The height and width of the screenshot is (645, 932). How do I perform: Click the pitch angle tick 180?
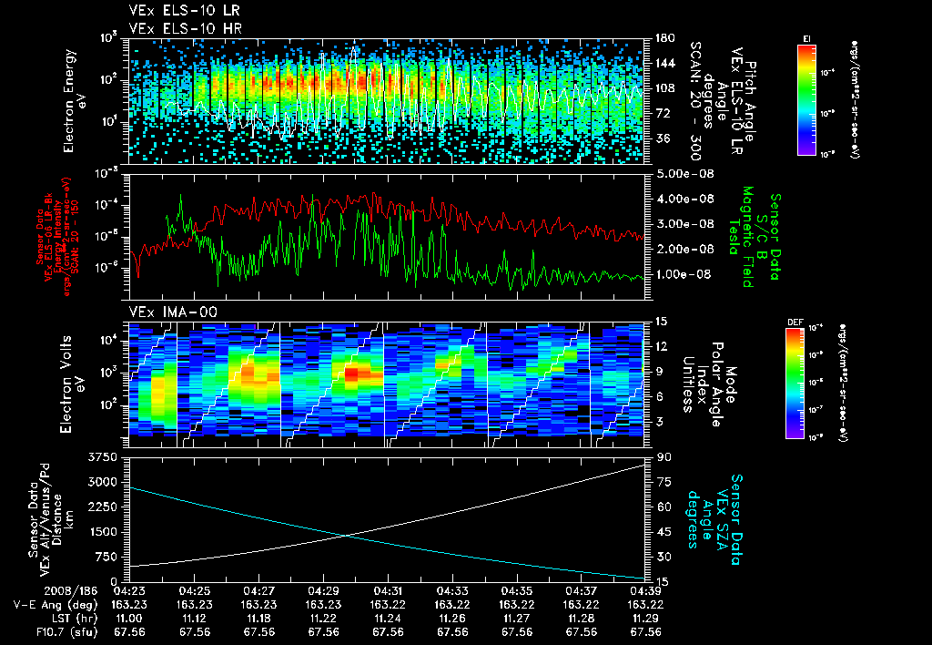pyautogui.click(x=664, y=37)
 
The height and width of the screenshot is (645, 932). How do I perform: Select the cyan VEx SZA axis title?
pyautogui.click(x=719, y=512)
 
